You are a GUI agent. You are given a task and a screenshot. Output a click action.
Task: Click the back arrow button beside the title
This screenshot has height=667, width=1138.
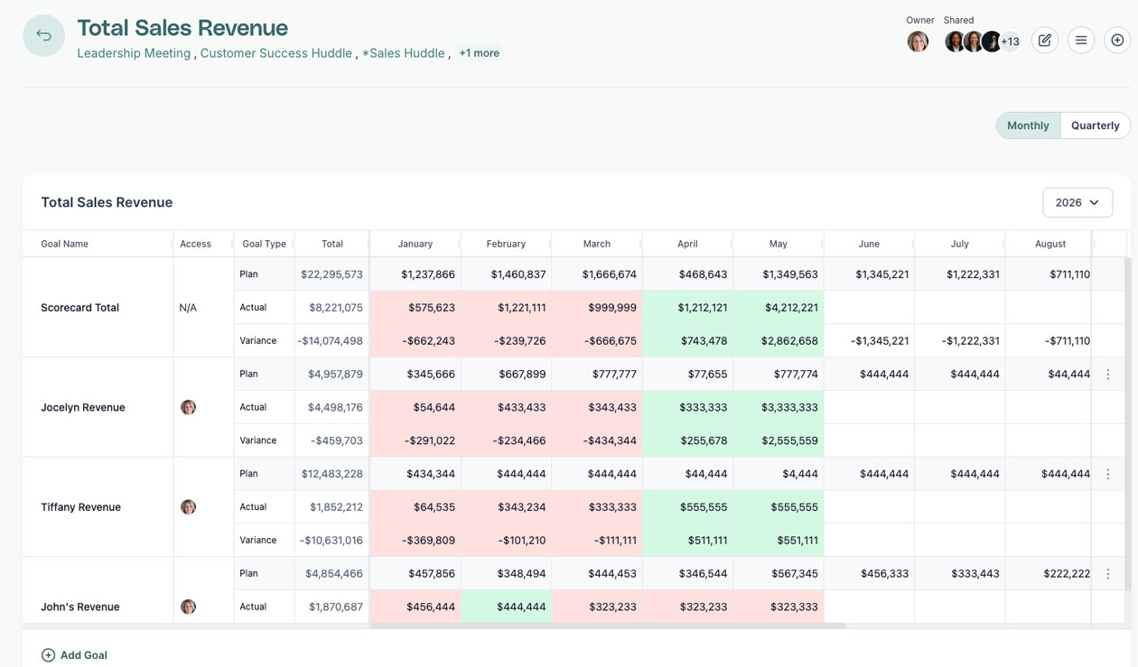coord(43,35)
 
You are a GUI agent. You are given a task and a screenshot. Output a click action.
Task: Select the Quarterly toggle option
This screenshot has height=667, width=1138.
coord(1095,125)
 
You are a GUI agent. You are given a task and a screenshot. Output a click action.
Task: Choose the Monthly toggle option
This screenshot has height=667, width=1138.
coord(1028,125)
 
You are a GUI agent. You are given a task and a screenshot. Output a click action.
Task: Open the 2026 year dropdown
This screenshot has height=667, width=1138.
coord(1077,202)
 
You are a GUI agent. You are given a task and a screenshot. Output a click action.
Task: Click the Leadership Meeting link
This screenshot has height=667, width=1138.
coord(134,53)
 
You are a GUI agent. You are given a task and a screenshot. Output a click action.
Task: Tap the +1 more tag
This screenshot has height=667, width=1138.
coord(479,53)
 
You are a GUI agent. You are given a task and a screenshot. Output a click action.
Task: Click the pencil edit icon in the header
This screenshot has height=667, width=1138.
coord(1044,40)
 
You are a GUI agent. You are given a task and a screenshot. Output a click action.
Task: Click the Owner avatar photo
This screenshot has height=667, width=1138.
coord(918,42)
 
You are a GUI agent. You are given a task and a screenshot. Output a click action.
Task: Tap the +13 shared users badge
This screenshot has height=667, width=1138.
coord(1010,42)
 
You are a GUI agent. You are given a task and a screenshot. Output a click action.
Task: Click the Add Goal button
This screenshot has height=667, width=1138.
coord(74,655)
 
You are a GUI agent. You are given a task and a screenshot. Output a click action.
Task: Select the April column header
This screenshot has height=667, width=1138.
coord(687,244)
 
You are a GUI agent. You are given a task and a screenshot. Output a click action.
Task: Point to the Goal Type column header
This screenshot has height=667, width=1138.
coord(264,244)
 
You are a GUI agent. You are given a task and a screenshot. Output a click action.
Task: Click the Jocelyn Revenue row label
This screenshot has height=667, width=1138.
coord(83,407)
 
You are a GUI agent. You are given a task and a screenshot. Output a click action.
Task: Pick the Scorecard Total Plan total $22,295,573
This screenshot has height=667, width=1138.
coord(331,274)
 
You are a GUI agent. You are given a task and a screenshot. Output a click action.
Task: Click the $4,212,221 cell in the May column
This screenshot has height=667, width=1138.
coord(791,308)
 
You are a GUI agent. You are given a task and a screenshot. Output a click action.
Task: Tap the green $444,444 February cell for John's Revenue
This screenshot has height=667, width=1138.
coord(521,607)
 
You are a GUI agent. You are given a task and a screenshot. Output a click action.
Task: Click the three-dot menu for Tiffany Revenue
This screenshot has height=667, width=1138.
coord(1108,474)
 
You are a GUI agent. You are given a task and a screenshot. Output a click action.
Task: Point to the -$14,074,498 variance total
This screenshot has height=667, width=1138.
coord(331,340)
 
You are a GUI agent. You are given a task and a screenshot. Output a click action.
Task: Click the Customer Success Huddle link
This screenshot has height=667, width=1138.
coord(275,53)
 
